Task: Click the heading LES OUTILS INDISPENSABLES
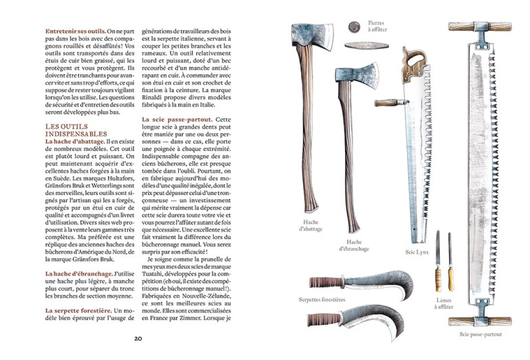76,131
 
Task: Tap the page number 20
137,338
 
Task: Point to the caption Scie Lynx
417,252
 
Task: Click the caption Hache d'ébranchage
355,245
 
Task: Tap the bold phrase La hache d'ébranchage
76,273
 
